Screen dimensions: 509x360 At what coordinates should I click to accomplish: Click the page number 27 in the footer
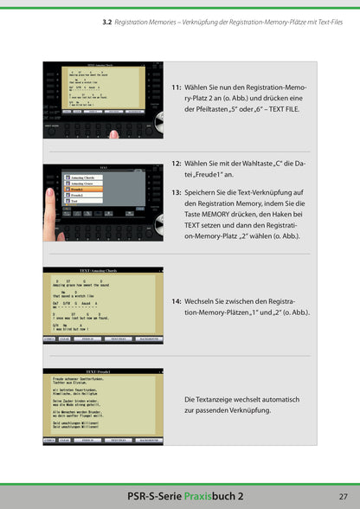pyautogui.click(x=343, y=494)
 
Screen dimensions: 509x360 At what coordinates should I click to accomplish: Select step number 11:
pyautogui.click(x=177, y=87)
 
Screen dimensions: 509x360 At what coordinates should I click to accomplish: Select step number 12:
pyautogui.click(x=177, y=162)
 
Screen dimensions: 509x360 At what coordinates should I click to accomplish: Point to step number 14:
pyautogui.click(x=177, y=300)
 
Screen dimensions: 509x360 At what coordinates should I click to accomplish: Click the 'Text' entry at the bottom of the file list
pyautogui.click(x=76, y=201)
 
